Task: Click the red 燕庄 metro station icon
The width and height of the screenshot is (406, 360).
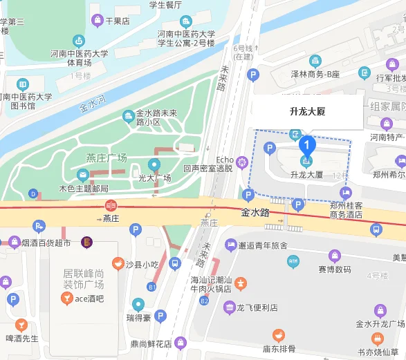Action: tap(111, 205)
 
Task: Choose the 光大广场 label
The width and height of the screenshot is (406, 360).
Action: tap(154, 178)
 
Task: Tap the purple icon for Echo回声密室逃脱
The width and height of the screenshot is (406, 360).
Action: tap(242, 163)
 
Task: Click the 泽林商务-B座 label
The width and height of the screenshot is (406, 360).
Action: tap(315, 73)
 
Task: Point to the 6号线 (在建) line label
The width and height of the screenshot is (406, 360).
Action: tap(243, 53)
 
